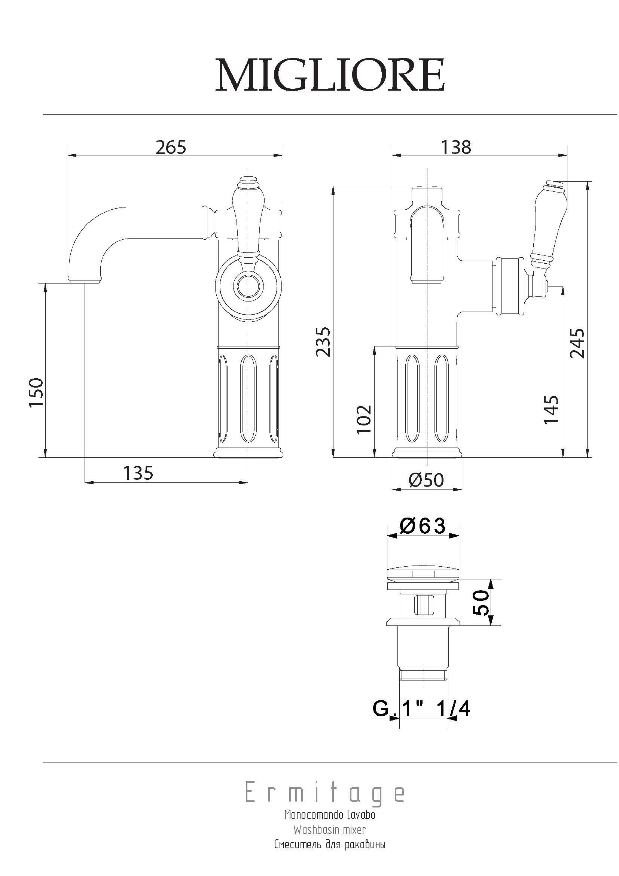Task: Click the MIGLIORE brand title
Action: point(330,75)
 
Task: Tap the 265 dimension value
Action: point(171,147)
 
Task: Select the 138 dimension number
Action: point(456,147)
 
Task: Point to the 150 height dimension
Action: point(37,392)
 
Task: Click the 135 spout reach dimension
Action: point(138,473)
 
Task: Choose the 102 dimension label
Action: point(364,419)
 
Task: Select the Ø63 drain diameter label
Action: point(422,526)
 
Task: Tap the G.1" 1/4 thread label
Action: point(421,709)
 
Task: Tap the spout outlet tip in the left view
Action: point(85,282)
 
